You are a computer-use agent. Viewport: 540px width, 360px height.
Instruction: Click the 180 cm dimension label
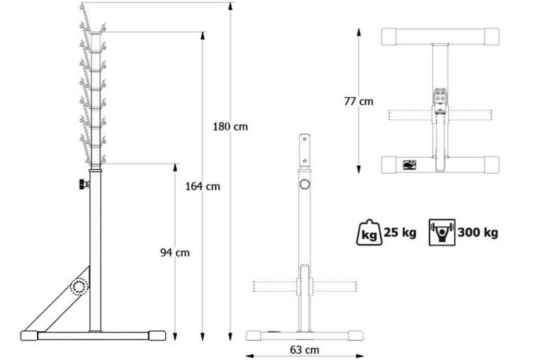(x=230, y=128)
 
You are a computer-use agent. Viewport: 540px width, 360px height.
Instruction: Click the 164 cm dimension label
(x=203, y=187)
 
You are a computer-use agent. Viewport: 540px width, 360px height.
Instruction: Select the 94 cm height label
(x=174, y=252)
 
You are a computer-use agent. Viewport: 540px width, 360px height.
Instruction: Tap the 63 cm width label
(x=304, y=349)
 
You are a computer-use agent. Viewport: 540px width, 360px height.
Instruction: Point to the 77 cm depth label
(x=359, y=101)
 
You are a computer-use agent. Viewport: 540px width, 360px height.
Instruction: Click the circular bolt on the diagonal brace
(x=79, y=286)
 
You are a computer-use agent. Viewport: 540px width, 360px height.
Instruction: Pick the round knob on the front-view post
(x=305, y=185)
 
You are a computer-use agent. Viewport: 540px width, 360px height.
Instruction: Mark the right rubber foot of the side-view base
(x=156, y=335)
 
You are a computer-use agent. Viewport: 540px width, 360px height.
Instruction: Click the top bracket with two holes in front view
(x=305, y=148)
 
